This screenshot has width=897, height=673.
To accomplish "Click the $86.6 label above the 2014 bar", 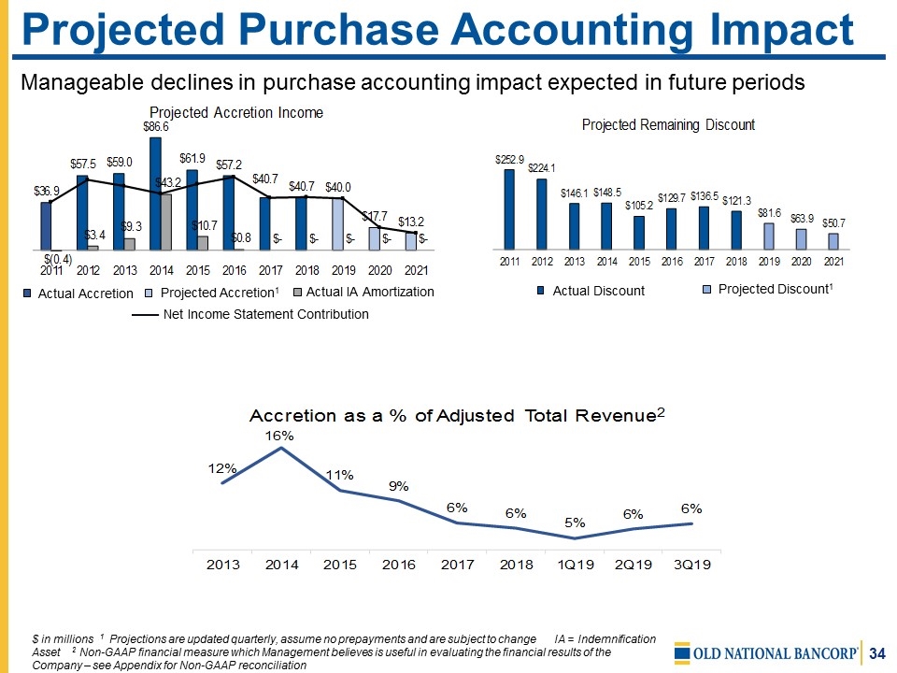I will [x=155, y=125].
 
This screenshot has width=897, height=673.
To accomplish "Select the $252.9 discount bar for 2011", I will [x=509, y=209].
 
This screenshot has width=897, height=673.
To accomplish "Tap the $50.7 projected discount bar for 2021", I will [x=833, y=241].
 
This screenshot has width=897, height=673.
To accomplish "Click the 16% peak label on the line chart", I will [x=279, y=436].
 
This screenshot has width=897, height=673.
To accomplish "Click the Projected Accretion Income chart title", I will [x=236, y=113].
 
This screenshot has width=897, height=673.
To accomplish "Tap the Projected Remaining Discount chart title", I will [x=668, y=124].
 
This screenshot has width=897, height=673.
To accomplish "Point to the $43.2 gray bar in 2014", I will [x=165, y=222].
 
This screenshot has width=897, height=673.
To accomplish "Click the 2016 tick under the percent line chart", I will [x=399, y=565].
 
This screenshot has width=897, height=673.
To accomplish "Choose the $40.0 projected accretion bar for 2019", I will [x=338, y=224].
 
